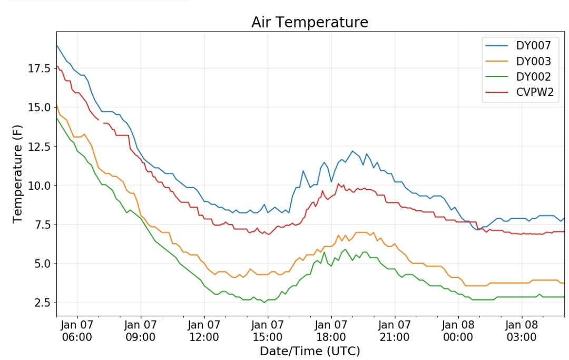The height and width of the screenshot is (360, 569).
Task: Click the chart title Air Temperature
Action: coord(310,23)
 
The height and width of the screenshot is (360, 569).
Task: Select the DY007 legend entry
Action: coord(518,45)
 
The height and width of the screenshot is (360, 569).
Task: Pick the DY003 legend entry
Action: coord(518,61)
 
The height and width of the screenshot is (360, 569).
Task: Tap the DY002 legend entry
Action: coord(518,76)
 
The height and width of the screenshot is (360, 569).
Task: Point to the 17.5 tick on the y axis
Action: coord(40,68)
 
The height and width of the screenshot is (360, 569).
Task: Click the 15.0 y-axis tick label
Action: coord(40,108)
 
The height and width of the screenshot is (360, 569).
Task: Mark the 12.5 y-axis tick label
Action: coord(40,146)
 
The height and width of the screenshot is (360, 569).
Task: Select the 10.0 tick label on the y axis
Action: coord(40,186)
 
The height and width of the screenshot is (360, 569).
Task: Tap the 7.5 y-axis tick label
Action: coord(43,225)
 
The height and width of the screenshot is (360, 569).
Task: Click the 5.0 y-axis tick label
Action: coord(43,264)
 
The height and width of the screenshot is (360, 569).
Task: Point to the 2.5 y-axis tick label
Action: coord(43,303)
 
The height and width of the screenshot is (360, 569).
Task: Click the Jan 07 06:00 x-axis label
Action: coord(77,330)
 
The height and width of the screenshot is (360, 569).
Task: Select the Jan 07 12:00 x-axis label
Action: coord(204,330)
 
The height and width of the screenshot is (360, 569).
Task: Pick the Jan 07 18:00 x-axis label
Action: coord(331,330)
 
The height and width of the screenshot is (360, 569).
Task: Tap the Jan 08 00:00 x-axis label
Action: coord(458,330)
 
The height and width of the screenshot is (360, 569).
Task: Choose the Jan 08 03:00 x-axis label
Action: coord(522,330)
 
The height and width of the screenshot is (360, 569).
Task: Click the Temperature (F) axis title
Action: coord(17,174)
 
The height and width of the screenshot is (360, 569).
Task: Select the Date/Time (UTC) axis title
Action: coord(310,351)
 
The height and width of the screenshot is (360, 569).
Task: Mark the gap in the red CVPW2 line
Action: coord(101,121)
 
